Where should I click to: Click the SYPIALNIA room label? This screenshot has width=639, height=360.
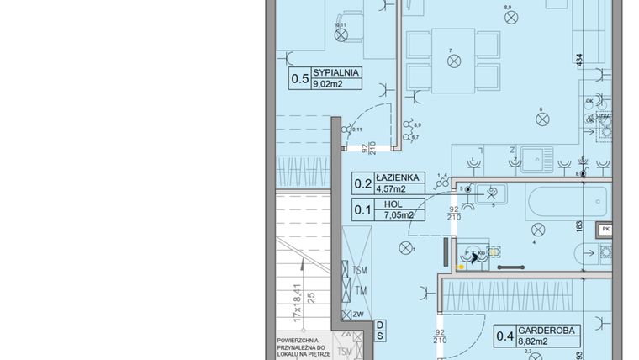pos(335,73)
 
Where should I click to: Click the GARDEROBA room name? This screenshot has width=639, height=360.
pos(547,332)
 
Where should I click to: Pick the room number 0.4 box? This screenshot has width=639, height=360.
pos(504,338)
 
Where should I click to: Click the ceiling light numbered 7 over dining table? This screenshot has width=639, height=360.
pos(453,61)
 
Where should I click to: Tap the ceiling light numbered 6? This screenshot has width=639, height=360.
pos(542,119)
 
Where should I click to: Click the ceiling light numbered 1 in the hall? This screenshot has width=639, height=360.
pos(407,247)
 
